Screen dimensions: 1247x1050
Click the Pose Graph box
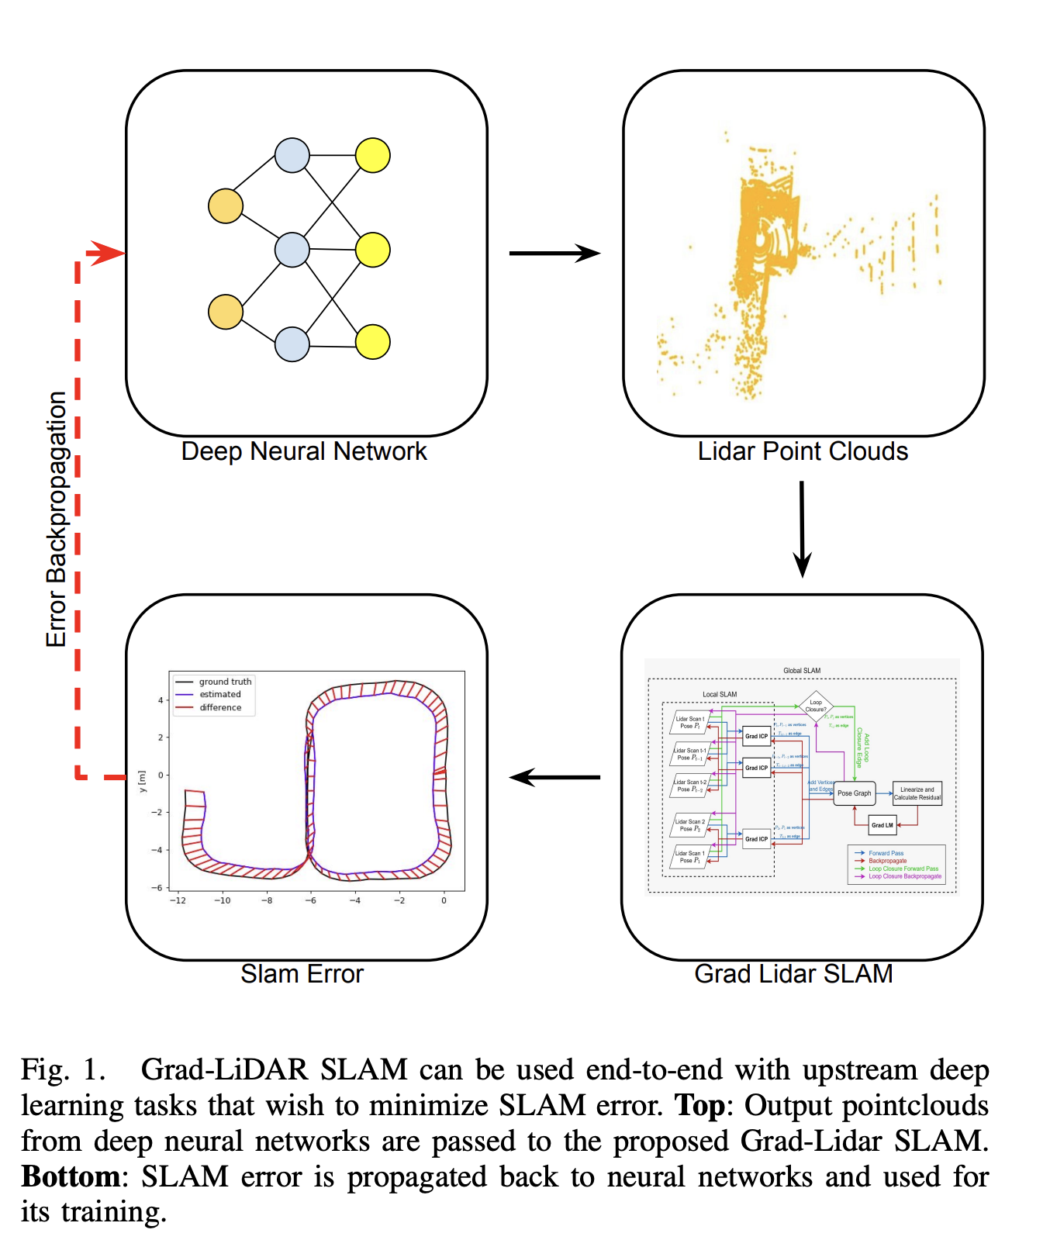pyautogui.click(x=854, y=793)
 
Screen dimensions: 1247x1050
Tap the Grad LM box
pyautogui.click(x=882, y=825)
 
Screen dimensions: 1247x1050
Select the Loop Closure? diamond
pyautogui.click(x=816, y=706)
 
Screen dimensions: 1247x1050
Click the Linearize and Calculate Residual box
pyautogui.click(x=917, y=793)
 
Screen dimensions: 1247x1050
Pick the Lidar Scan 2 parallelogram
pyautogui.click(x=689, y=825)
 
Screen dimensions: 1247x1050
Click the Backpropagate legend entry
pyautogui.click(x=887, y=861)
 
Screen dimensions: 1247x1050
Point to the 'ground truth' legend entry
pyautogui.click(x=225, y=682)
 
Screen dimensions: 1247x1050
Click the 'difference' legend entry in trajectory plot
pyautogui.click(x=220, y=707)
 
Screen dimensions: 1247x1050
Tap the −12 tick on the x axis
pyautogui.click(x=178, y=900)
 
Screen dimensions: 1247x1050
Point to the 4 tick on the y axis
pyautogui.click(x=161, y=700)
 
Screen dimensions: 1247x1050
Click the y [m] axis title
pyautogui.click(x=142, y=781)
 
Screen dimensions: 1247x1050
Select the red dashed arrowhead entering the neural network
pyautogui.click(x=107, y=253)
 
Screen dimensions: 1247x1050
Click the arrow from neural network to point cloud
pyautogui.click(x=554, y=253)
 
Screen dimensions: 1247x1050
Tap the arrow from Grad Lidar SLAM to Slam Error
pyautogui.click(x=554, y=777)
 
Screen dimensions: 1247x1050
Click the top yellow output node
pyautogui.click(x=373, y=155)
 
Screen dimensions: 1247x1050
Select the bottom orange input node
pyautogui.click(x=226, y=312)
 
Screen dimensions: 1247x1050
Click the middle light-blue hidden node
pyautogui.click(x=292, y=250)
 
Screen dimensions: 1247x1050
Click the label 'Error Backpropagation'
pyautogui.click(x=57, y=520)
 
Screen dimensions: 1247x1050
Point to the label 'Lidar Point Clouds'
pyautogui.click(x=803, y=451)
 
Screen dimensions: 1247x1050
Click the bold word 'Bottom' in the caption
pyautogui.click(x=71, y=1176)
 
